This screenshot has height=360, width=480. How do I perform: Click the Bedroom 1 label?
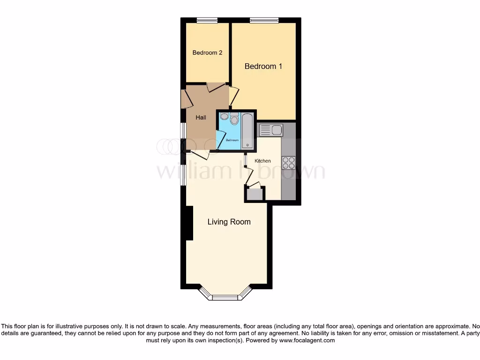click(x=263, y=67)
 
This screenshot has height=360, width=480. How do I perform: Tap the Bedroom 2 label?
click(x=207, y=53)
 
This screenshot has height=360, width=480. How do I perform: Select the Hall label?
click(x=201, y=118)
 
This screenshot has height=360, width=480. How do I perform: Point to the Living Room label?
click(x=229, y=222)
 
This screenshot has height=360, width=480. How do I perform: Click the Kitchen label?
click(x=262, y=161)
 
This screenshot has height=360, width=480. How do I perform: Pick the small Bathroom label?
click(x=232, y=140)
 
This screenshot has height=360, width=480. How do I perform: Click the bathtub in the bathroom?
click(x=247, y=131)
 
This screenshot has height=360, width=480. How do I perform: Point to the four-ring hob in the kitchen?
click(x=288, y=162)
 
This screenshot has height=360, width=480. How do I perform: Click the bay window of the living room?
click(x=225, y=296)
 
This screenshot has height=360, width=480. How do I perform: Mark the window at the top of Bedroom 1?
click(x=264, y=20)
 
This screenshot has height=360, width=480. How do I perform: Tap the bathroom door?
click(x=219, y=140)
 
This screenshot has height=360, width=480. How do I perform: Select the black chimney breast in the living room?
click(x=189, y=224)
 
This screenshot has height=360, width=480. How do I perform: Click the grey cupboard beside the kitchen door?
click(x=255, y=194)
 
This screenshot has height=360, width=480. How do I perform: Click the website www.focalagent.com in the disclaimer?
click(x=307, y=341)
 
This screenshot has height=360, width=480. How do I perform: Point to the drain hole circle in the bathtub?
click(x=247, y=145)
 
